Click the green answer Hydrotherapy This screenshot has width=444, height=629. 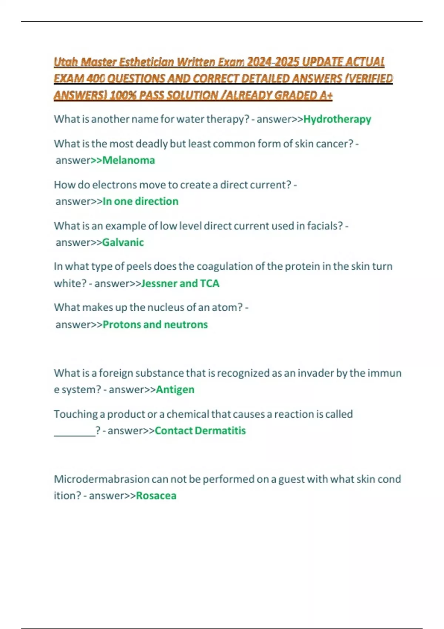click(x=337, y=119)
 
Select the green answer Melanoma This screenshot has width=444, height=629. click(x=128, y=160)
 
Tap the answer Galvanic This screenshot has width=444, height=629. click(x=123, y=242)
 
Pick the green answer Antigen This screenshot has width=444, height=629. click(x=175, y=390)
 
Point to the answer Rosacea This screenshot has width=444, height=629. click(x=156, y=496)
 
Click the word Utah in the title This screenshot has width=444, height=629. click(x=65, y=61)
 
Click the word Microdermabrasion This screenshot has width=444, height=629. click(x=101, y=479)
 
